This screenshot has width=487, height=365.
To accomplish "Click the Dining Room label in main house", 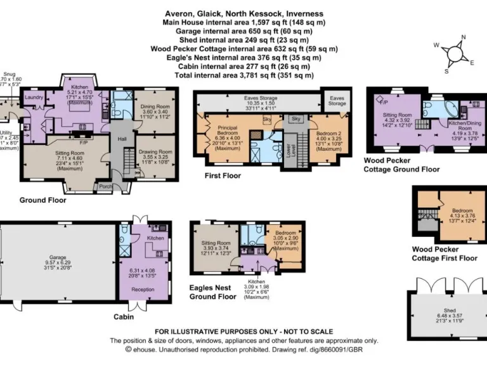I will pos(155,107).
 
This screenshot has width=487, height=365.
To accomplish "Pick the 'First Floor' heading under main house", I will pos(222,176).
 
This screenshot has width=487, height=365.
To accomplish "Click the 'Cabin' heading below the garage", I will pos(123,317).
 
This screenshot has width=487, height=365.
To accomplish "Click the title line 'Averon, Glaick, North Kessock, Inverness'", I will pos(243,13).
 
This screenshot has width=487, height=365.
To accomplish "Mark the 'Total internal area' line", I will pos(243,75).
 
